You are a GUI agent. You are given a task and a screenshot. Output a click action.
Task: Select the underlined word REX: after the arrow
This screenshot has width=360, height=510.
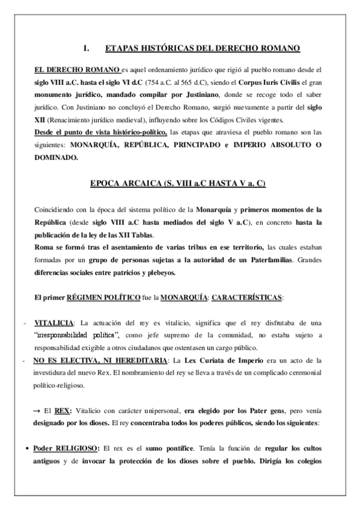[x=63, y=410]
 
